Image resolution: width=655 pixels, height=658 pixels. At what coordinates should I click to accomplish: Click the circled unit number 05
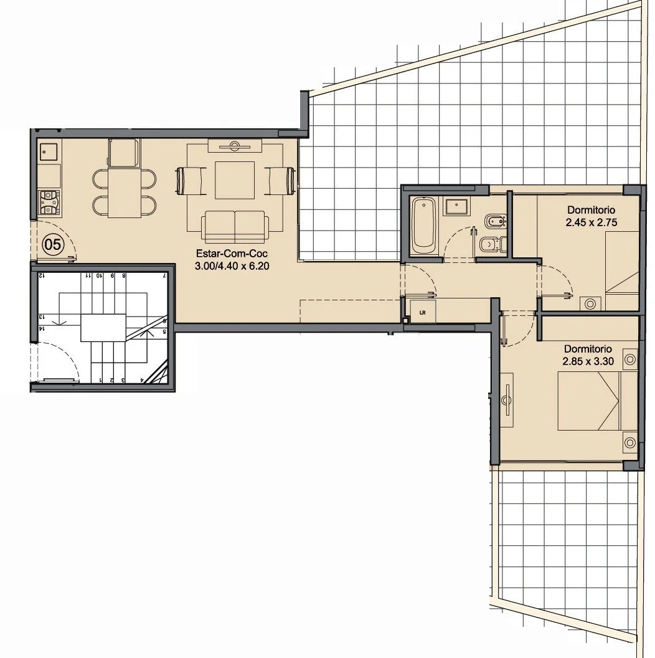[53, 244]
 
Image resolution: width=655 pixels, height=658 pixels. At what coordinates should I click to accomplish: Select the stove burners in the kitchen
[49, 202]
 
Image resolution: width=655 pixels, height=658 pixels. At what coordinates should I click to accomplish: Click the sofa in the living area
[235, 227]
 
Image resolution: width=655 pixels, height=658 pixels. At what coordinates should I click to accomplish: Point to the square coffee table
[234, 180]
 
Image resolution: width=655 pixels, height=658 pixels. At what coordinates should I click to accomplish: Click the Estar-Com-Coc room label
[232, 254]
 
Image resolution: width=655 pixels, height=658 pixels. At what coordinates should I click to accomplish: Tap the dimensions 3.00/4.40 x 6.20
[232, 265]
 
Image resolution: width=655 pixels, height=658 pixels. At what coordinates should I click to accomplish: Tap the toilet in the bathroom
[492, 244]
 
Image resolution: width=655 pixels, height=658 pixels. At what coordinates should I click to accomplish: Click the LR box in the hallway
[423, 312]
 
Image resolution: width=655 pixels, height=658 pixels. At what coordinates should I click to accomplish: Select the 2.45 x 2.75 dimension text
[591, 222]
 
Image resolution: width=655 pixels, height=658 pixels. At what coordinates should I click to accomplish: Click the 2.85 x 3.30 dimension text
[588, 361]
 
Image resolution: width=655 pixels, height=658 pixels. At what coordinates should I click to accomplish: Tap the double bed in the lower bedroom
[597, 401]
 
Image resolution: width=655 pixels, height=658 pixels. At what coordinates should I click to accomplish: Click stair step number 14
[42, 329]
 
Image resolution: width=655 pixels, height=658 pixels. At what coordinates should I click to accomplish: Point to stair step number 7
[165, 275]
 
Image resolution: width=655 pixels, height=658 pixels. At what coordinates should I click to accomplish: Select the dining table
[125, 193]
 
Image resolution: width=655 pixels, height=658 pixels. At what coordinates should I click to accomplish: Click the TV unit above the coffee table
[235, 146]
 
